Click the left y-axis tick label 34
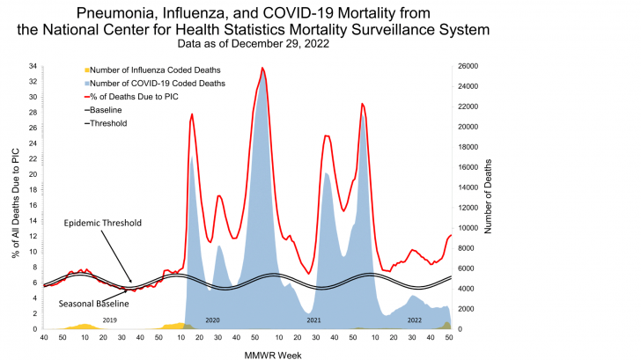(33, 67)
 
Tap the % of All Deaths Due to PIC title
(15, 199)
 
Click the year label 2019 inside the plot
(109, 320)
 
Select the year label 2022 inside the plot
(414, 320)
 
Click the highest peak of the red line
(262, 68)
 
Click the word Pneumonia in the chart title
(115, 12)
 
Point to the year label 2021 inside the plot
(313, 320)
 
